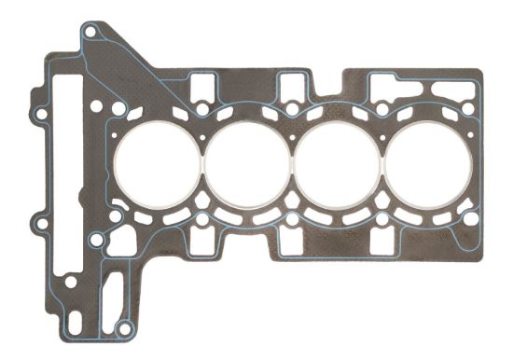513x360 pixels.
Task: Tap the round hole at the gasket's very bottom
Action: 123,327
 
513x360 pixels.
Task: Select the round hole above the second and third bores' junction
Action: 292,110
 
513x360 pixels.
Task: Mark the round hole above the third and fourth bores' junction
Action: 381,110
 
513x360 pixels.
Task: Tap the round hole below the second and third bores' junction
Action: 292,221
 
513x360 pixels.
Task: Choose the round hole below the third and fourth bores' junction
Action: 381,221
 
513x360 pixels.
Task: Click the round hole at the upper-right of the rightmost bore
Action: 467,109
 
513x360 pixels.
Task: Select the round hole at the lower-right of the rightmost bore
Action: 471,219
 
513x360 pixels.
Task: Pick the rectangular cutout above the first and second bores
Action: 201,88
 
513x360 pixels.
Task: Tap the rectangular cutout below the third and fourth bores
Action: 381,242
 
